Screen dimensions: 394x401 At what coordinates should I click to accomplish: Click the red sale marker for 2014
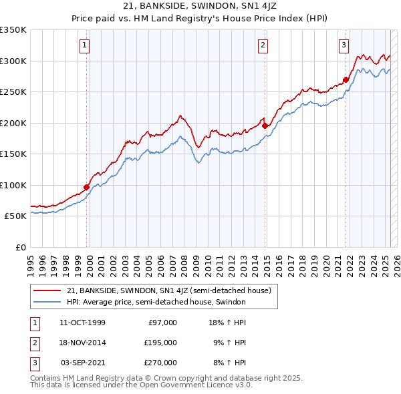tap(265, 126)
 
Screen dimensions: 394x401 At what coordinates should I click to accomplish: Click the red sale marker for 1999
tap(87, 187)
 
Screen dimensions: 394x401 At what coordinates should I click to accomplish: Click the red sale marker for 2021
tap(346, 79)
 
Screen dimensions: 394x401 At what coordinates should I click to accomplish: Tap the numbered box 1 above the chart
tap(86, 45)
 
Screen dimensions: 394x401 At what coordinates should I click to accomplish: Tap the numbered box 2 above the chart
tap(263, 45)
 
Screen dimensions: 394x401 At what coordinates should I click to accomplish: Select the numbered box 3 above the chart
tap(344, 45)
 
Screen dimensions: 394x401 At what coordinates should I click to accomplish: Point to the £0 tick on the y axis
tap(20, 247)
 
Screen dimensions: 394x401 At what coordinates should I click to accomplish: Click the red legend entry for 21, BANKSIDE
tap(168, 291)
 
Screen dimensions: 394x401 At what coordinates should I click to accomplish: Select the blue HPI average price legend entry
tap(156, 303)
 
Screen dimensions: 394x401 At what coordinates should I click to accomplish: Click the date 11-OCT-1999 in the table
tap(82, 323)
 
